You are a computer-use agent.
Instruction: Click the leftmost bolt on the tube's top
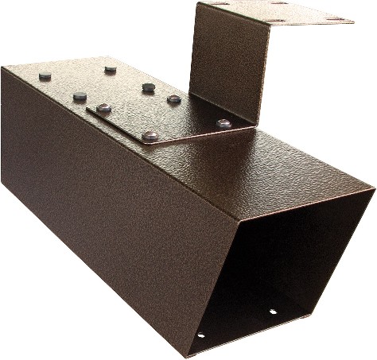tap(45, 76)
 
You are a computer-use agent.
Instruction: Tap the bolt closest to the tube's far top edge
tap(111, 70)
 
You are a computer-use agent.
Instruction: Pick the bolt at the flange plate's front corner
tap(150, 136)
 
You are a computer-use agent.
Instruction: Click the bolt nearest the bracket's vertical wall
tap(224, 123)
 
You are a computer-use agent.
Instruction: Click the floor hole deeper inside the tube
tap(273, 311)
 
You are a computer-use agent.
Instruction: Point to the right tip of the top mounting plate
tap(353, 19)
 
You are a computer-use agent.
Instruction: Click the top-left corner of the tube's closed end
tap(3, 68)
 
